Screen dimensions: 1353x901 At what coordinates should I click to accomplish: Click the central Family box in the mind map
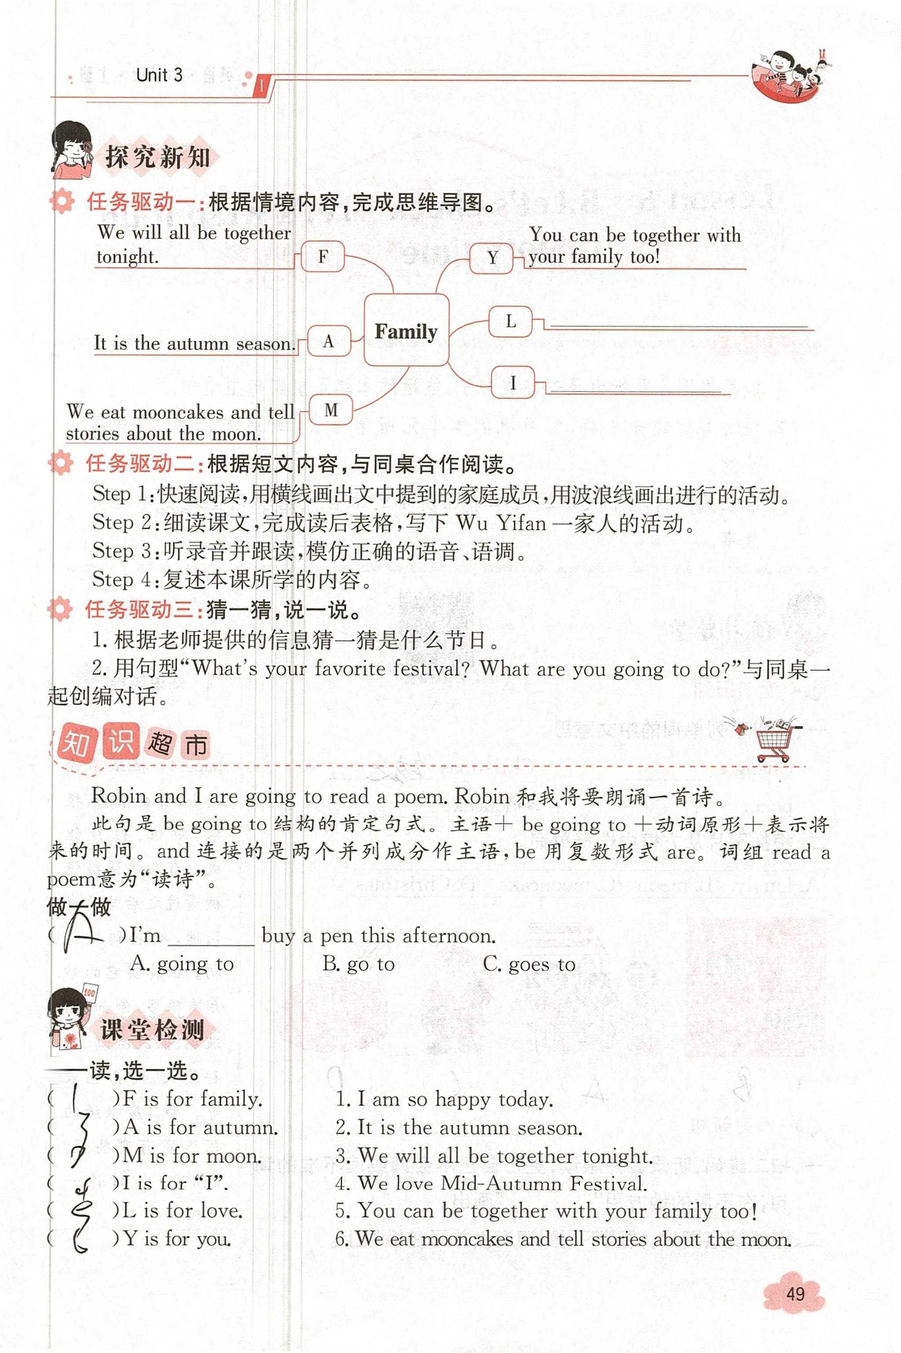click(x=406, y=330)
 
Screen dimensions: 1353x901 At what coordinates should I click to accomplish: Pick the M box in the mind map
click(x=331, y=410)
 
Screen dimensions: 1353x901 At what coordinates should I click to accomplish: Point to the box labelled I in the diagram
click(x=513, y=382)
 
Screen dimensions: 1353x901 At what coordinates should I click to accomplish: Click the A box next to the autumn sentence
click(x=329, y=341)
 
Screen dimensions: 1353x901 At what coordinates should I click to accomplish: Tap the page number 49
click(x=795, y=1294)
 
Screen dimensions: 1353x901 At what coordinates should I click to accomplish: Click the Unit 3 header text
click(x=159, y=75)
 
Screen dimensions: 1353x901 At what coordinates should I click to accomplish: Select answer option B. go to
click(x=359, y=964)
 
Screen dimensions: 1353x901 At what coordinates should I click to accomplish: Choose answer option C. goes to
click(x=529, y=964)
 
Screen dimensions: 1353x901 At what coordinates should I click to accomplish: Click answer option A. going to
click(x=182, y=964)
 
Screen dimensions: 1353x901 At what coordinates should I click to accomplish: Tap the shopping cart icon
click(x=773, y=741)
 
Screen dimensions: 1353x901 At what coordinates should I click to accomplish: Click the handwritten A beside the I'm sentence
click(x=81, y=934)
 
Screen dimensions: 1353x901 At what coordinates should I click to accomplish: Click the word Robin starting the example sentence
click(x=118, y=796)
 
